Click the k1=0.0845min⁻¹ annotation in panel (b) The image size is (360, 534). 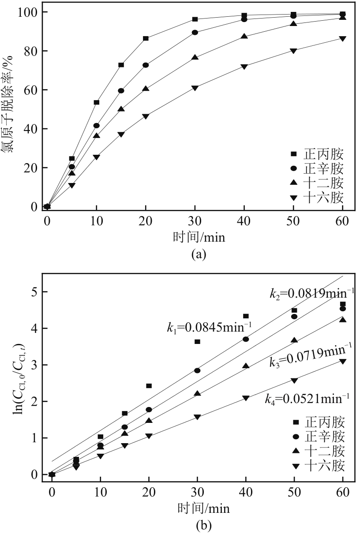tap(209, 326)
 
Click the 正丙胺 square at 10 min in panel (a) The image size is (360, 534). tap(97, 102)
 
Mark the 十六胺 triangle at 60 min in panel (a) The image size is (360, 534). tap(343, 38)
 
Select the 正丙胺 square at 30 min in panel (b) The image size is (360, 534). tap(197, 341)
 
